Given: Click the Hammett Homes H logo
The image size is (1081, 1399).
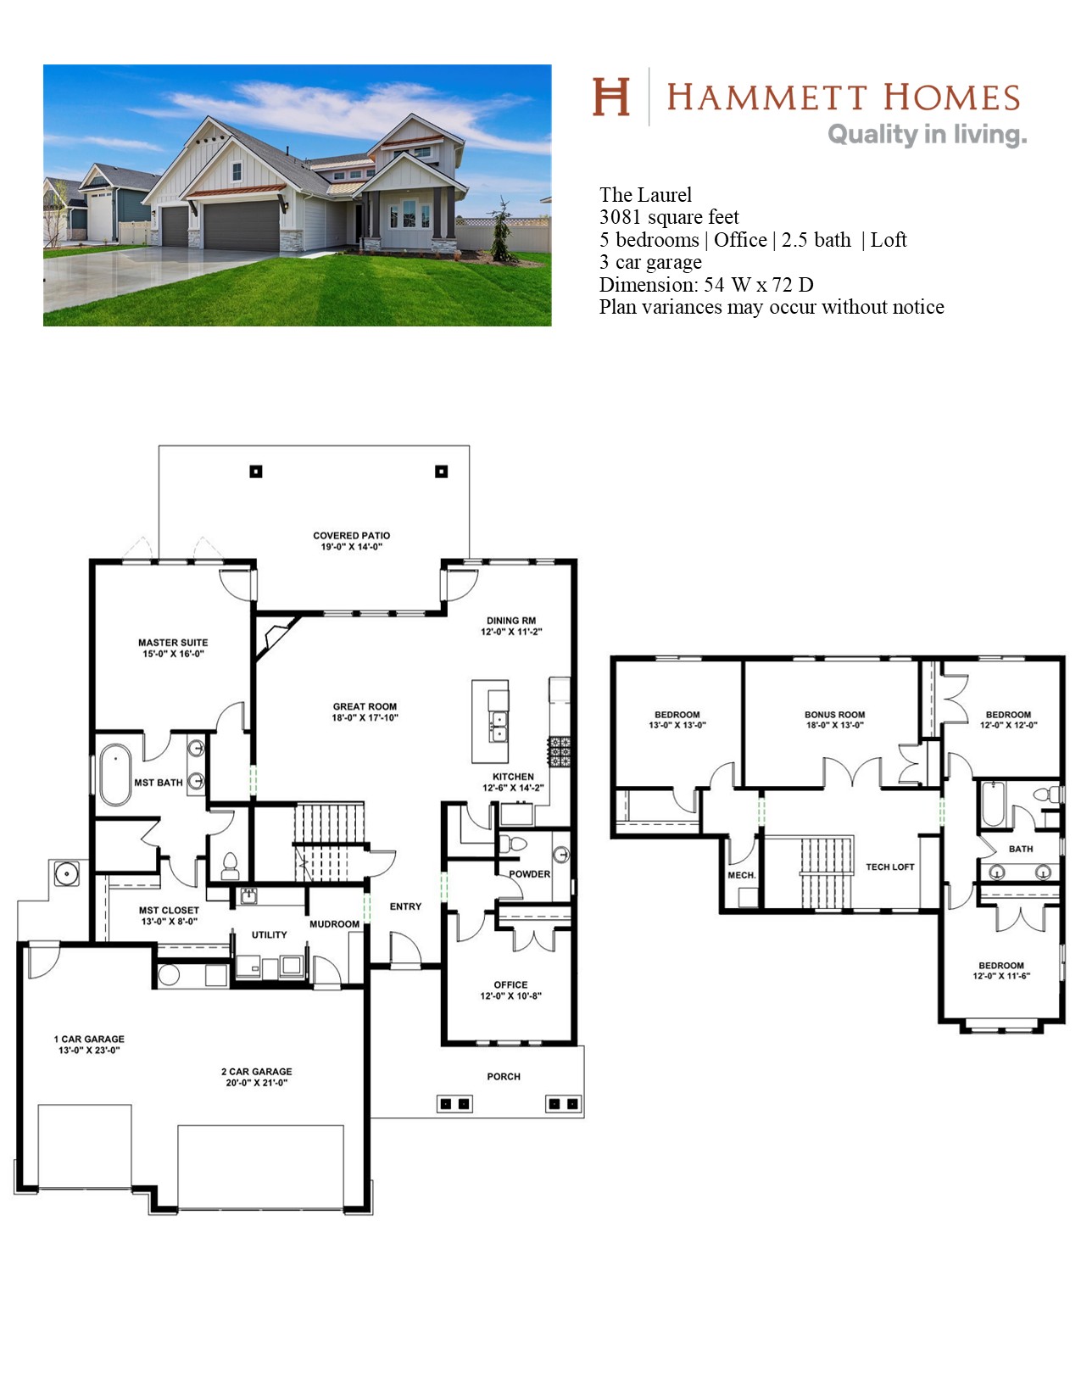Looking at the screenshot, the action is [x=610, y=97].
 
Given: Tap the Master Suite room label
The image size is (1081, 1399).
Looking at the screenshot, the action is [x=173, y=648].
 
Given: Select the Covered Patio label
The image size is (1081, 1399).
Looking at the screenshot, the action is [x=352, y=541].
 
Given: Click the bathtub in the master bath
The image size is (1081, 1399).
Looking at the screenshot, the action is [x=115, y=774].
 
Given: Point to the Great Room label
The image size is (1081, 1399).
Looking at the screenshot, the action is [x=365, y=711].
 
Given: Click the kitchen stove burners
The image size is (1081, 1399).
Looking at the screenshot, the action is [x=559, y=751].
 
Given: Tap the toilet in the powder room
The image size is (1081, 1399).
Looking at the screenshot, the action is [x=513, y=844].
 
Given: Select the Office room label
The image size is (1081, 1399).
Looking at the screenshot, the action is [x=510, y=990].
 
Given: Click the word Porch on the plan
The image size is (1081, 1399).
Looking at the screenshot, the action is [x=504, y=1077].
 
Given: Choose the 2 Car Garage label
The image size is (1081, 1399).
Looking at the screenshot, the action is [x=256, y=1077].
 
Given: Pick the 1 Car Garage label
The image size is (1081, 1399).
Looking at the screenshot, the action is [x=89, y=1045].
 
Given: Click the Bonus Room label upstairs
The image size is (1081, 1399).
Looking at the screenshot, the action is [x=834, y=720].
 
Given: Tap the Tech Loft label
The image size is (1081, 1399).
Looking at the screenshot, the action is [x=889, y=867].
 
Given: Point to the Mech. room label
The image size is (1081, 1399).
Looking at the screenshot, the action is [x=742, y=876].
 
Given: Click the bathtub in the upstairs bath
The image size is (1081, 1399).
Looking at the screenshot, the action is [x=993, y=804].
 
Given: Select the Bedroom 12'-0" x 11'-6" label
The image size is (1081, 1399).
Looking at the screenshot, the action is [x=1001, y=971].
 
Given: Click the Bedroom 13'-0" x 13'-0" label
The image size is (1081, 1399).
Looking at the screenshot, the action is [x=677, y=720].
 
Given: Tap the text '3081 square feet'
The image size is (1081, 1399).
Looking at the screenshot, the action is [x=669, y=218].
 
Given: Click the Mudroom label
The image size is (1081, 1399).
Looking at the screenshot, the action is [x=334, y=924].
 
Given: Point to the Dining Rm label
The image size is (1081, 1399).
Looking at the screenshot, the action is [x=511, y=626].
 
